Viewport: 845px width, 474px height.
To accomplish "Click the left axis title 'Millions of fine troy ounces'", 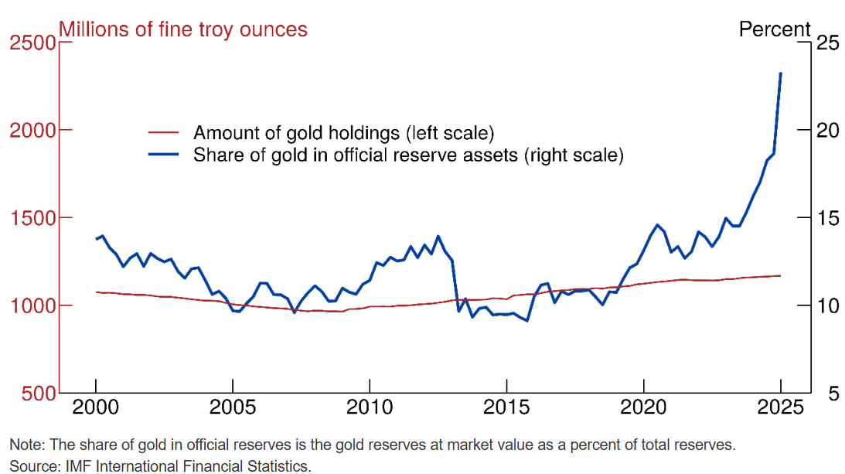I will [x=183, y=29].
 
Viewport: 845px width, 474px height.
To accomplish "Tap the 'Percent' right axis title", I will [x=775, y=29].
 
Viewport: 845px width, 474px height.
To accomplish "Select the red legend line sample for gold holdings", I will [x=163, y=132].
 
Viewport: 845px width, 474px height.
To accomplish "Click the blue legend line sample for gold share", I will [x=163, y=155].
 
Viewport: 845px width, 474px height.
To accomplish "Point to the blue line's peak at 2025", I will [x=780, y=73].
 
